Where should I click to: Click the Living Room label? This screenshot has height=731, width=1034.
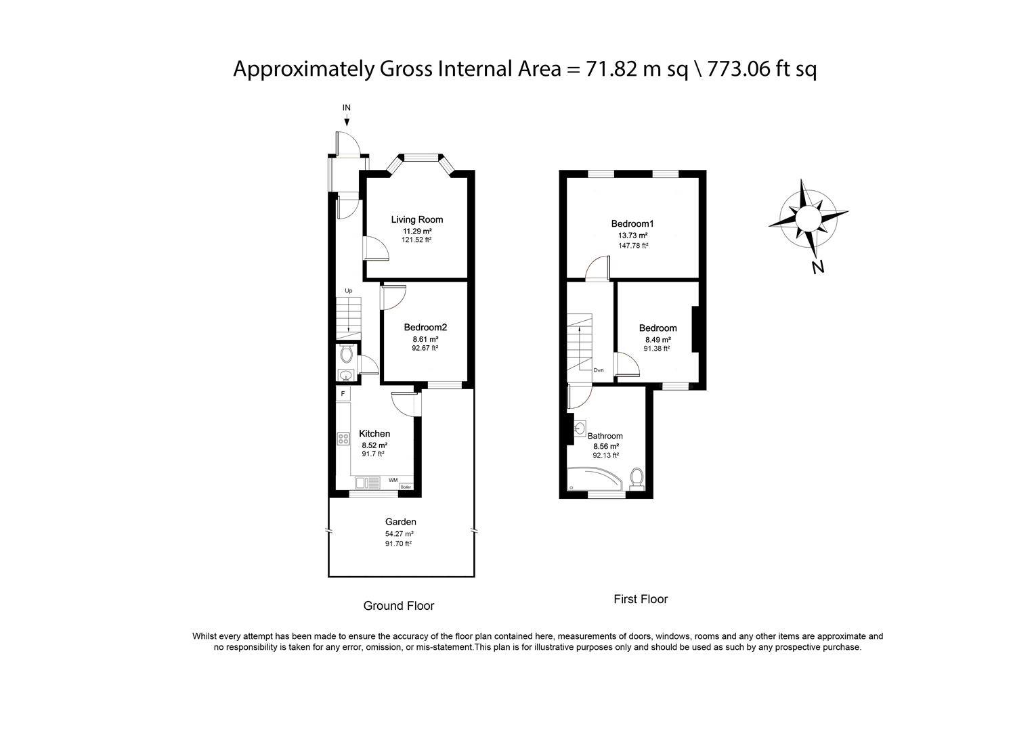[416, 219]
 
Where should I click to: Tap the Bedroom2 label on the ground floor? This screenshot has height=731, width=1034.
[425, 328]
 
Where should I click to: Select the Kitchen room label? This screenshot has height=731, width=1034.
[374, 434]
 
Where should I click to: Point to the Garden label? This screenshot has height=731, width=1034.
[400, 522]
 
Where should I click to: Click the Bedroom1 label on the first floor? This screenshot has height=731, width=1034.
[632, 224]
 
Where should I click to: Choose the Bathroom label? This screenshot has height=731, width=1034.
[605, 437]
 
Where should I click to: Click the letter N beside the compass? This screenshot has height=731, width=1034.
[818, 267]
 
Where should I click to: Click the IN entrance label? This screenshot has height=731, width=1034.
[346, 108]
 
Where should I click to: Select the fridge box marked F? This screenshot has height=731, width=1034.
[343, 393]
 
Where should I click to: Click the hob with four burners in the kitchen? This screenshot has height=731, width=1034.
[343, 439]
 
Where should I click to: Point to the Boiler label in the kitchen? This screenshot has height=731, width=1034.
[406, 487]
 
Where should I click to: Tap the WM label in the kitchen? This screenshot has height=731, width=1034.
[393, 480]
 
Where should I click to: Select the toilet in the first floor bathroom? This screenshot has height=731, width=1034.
[636, 478]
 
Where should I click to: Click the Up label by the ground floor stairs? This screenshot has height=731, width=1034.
[349, 291]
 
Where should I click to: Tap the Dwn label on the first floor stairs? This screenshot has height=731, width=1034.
[599, 370]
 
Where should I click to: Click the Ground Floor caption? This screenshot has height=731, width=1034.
[399, 606]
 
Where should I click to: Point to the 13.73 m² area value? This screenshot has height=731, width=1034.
[632, 236]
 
